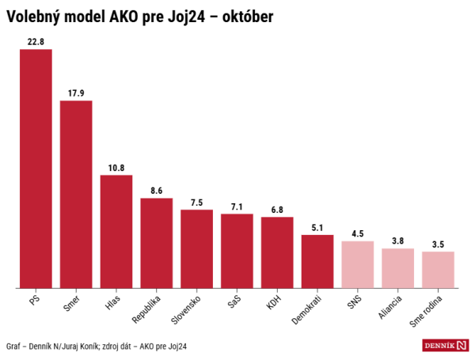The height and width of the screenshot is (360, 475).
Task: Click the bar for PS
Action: pyautogui.click(x=36, y=168)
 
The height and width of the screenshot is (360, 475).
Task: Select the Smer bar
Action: pyautogui.click(x=76, y=194)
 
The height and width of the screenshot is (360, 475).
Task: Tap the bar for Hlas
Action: pyautogui.click(x=116, y=231)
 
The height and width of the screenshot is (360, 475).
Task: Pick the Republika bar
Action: pyautogui.click(x=157, y=242)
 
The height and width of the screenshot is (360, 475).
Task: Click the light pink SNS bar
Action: pyautogui.click(x=358, y=264)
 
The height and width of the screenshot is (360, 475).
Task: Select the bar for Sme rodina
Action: pyautogui.click(x=438, y=269)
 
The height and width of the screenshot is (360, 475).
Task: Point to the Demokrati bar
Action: pyautogui.click(x=317, y=261)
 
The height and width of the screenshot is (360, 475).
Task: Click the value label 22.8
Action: pyautogui.click(x=36, y=41)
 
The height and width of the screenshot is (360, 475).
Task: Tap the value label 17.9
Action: pyautogui.click(x=76, y=93)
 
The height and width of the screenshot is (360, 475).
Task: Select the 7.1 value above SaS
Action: pyautogui.click(x=237, y=206)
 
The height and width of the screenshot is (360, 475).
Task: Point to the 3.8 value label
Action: pyautogui.click(x=398, y=241)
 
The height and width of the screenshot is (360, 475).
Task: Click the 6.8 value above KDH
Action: pyautogui.click(x=277, y=209)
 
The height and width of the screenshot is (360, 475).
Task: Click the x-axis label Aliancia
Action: pyautogui.click(x=390, y=308)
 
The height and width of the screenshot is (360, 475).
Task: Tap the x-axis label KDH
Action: pyautogui.click(x=273, y=301)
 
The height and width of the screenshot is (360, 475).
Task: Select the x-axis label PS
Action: pyautogui.click(x=32, y=300)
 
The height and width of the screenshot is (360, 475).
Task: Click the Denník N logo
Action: pyautogui.click(x=446, y=345)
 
